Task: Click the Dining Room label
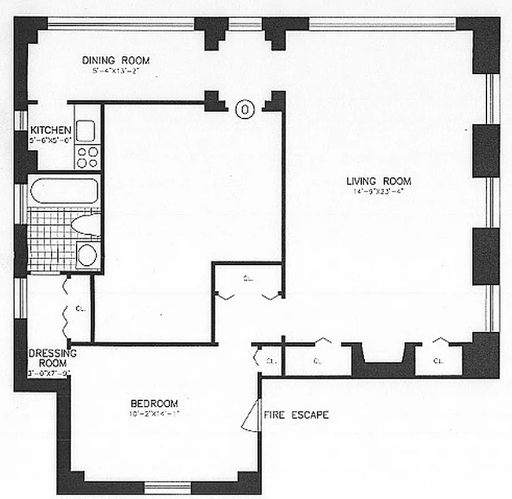pos(116,61)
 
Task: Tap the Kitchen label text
pos(50,130)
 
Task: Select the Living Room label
pos(379,182)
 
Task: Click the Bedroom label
pos(154,403)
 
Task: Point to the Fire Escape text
pos(296,415)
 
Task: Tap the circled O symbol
pos(245,110)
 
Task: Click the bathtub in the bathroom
pos(64,190)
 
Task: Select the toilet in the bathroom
pos(86,224)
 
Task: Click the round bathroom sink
pos(87,255)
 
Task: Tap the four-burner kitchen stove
pos(88,156)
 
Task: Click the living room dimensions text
pos(379,192)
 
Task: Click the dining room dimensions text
pos(116,70)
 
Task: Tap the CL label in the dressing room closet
pos(80,308)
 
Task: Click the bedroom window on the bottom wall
pos(168,487)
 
